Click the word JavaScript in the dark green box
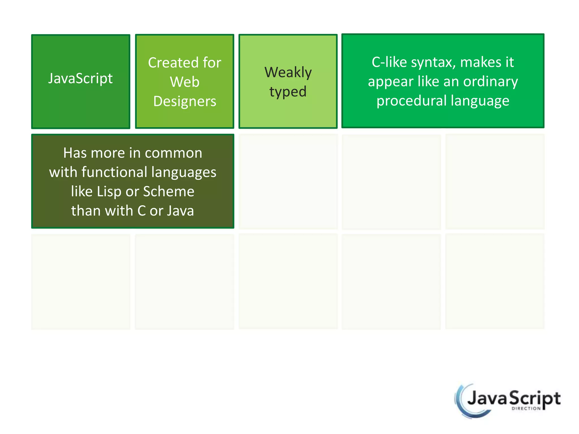80,78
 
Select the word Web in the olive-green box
185,82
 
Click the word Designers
185,101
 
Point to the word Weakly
288,72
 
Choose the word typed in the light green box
288,92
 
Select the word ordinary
491,82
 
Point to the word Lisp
109,192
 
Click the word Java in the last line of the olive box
180,211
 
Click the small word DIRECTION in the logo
526,409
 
